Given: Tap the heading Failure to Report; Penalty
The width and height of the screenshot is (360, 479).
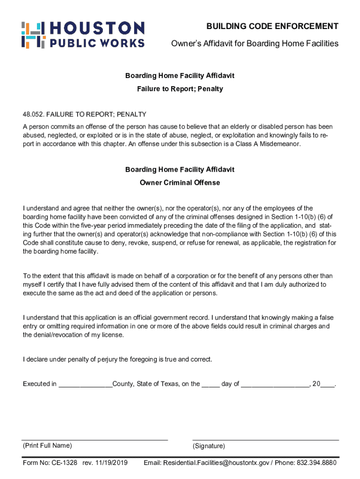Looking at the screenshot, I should click(x=180, y=89).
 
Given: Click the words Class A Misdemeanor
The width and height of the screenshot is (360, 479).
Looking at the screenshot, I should click(x=271, y=144).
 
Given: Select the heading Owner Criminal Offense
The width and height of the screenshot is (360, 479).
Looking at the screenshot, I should click(x=180, y=182).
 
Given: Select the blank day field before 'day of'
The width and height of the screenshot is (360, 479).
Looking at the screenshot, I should click(x=210, y=385).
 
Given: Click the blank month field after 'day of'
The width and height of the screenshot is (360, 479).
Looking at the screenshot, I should click(x=275, y=385).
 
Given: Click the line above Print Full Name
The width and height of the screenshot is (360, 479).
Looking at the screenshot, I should click(x=95, y=440).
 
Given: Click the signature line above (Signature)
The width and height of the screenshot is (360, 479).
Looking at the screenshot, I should click(x=266, y=440).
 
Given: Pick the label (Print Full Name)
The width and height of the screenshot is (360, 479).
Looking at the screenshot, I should click(x=47, y=446).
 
